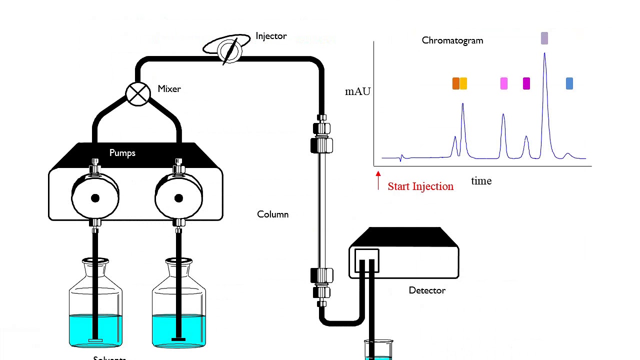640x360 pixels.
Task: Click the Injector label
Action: (271, 36)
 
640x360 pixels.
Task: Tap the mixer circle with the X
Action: (137, 94)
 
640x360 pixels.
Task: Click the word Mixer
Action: (169, 89)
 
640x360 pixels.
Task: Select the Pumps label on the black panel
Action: (122, 153)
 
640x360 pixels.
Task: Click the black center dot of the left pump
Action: (95, 198)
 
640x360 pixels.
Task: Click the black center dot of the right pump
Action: (178, 198)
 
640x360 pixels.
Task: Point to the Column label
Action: (272, 214)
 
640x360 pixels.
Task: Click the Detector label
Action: (427, 290)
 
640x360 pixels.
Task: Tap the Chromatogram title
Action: (452, 40)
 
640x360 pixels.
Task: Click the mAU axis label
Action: (358, 91)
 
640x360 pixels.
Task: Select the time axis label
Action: (481, 181)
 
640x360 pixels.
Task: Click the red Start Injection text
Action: (420, 186)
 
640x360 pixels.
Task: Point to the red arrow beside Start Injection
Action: (378, 180)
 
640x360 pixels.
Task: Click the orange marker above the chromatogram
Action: (455, 83)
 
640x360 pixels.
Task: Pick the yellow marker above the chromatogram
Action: (463, 83)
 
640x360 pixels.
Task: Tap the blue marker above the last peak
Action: (569, 83)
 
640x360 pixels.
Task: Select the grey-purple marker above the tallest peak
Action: (544, 38)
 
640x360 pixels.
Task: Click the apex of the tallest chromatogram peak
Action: (544, 53)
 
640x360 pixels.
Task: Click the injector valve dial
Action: (229, 50)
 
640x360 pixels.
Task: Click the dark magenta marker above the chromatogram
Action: (526, 83)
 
